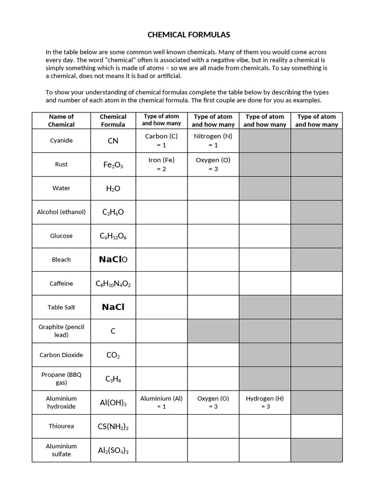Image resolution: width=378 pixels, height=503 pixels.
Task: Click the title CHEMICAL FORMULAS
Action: click(x=189, y=35)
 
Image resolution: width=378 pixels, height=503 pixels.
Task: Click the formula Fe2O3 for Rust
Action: click(x=113, y=165)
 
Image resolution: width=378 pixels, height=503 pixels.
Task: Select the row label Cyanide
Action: click(x=62, y=140)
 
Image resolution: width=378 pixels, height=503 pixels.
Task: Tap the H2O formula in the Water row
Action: click(x=113, y=189)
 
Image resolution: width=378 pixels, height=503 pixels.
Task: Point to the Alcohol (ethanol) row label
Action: click(x=62, y=212)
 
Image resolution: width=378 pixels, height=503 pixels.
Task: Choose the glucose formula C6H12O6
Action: click(x=113, y=236)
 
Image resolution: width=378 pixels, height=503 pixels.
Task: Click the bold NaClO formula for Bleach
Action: click(x=113, y=259)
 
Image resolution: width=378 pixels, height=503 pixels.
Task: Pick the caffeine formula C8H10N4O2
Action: click(x=113, y=284)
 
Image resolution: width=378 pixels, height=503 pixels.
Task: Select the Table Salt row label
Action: click(x=62, y=307)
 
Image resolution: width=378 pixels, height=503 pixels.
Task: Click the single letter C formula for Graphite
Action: click(x=113, y=331)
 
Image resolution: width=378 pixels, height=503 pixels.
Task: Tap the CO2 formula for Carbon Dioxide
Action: click(x=113, y=355)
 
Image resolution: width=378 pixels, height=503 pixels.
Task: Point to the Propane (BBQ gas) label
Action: click(x=62, y=378)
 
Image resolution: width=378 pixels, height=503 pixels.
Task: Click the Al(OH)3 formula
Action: click(x=113, y=403)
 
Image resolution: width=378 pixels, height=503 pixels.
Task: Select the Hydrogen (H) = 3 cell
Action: click(x=265, y=402)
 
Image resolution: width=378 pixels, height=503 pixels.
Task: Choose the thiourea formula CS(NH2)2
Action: click(x=113, y=427)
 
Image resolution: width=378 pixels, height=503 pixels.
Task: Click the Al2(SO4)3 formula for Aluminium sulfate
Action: click(x=113, y=450)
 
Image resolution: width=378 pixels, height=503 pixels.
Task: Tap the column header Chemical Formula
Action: click(x=113, y=120)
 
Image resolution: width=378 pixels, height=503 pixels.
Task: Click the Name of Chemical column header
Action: click(x=62, y=120)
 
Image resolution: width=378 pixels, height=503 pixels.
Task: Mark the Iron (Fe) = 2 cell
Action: click(x=161, y=165)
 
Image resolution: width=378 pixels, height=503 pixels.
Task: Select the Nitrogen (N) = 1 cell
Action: click(x=213, y=140)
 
